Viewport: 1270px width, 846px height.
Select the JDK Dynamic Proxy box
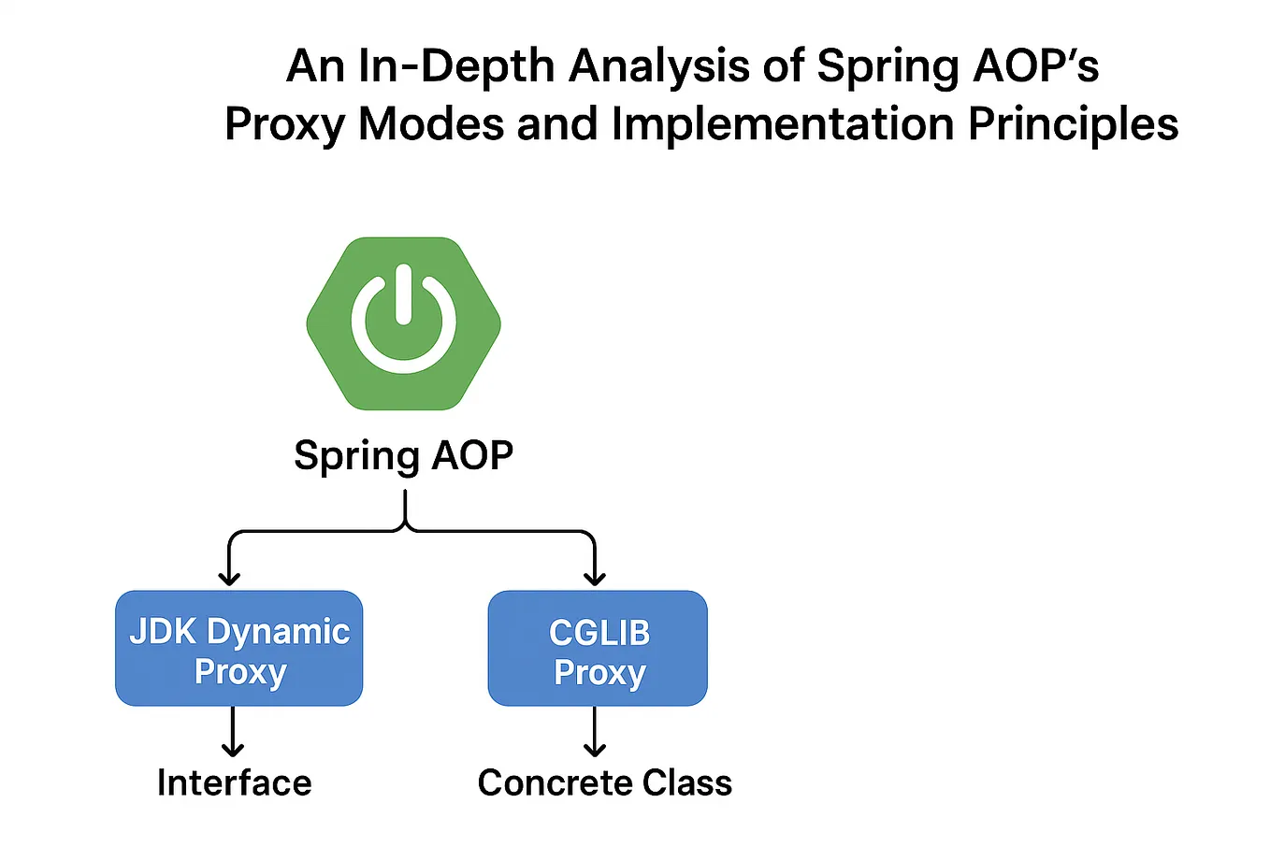coord(238,649)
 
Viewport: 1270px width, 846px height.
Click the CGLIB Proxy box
coord(598,649)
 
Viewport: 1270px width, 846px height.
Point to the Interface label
coord(234,782)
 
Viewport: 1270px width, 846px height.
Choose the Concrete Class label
coord(604,782)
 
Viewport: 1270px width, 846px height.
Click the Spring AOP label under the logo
coord(403,455)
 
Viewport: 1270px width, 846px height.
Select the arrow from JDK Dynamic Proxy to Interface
coord(233,731)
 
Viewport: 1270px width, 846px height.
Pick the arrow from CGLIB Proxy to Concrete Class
coord(595,731)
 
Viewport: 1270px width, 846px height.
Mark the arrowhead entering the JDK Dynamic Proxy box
coord(229,577)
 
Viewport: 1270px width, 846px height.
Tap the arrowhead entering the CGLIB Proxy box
coord(595,577)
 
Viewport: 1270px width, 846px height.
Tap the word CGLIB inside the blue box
coord(599,633)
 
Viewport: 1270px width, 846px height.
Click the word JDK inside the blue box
coord(163,632)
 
